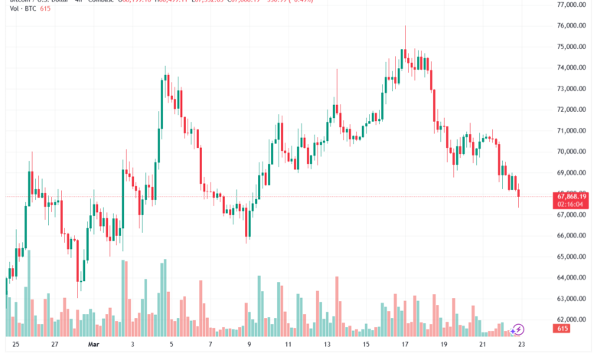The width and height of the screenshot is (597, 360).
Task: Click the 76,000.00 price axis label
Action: pyautogui.click(x=572, y=25)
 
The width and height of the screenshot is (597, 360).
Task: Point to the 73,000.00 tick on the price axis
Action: pyautogui.click(x=572, y=88)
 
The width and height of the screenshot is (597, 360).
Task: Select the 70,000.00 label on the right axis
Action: pyautogui.click(x=572, y=151)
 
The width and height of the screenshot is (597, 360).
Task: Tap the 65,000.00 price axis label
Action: pyautogui.click(x=572, y=256)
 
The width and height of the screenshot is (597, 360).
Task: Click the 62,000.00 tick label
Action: pyautogui.click(x=572, y=319)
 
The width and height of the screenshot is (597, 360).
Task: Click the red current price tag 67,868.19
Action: pyautogui.click(x=572, y=196)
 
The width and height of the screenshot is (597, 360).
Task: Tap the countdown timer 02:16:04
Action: pyautogui.click(x=572, y=205)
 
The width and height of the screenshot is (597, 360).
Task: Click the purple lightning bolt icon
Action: pyautogui.click(x=518, y=330)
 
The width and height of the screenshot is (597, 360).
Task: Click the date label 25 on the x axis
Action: pyautogui.click(x=15, y=345)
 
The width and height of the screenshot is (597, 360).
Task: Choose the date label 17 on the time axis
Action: pyautogui.click(x=403, y=345)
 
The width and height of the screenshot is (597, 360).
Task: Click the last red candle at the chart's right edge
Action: pyautogui.click(x=519, y=195)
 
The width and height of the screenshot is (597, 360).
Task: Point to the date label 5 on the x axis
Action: pyautogui.click(x=171, y=345)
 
